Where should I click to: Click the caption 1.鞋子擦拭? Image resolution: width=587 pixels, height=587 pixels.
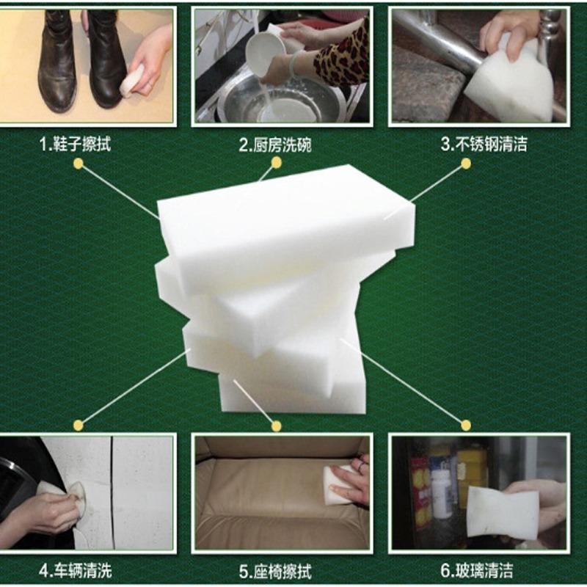[x=75, y=144]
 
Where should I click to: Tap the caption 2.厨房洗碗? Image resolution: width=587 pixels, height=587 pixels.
[x=275, y=145]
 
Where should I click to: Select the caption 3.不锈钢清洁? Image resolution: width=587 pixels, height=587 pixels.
[x=484, y=144]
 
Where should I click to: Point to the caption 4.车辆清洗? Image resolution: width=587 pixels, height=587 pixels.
[x=76, y=572]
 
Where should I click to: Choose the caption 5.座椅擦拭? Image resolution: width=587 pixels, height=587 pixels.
[x=275, y=572]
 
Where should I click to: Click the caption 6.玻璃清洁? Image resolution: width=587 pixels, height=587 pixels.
[x=476, y=571]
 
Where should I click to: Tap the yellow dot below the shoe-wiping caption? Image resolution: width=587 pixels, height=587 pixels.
[x=79, y=163]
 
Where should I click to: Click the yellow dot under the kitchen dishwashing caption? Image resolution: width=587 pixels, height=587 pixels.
[x=277, y=162]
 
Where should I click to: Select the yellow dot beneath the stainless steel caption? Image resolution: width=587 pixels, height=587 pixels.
[x=466, y=163]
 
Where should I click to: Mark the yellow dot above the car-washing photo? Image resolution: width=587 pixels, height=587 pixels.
[x=79, y=426]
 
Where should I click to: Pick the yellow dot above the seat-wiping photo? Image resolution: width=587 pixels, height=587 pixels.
[x=277, y=426]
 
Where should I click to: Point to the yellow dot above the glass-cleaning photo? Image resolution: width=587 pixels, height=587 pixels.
[x=466, y=426]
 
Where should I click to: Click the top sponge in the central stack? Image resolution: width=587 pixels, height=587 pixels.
[x=286, y=228]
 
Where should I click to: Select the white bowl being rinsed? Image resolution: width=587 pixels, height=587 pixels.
[x=265, y=52]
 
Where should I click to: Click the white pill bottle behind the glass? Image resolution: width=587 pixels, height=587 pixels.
[x=442, y=493]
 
